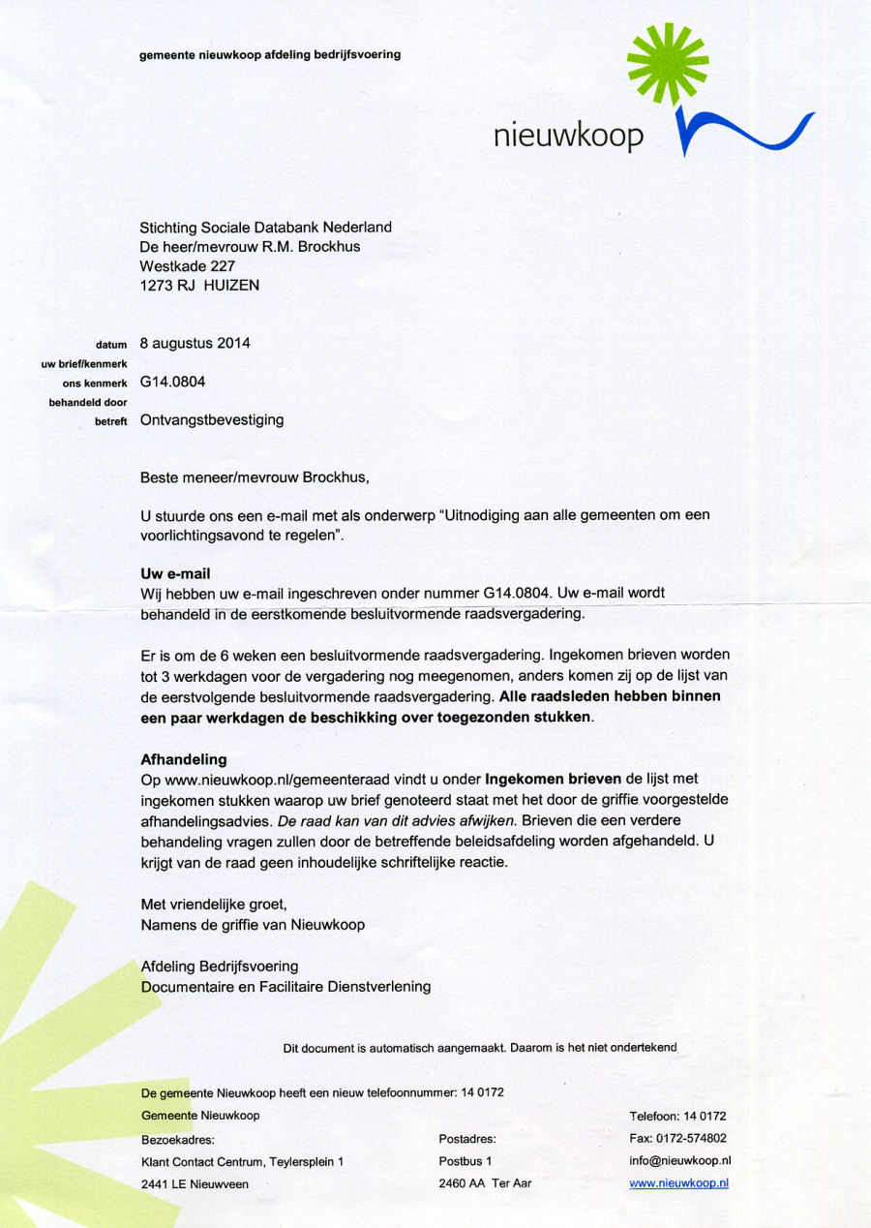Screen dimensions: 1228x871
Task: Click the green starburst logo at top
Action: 667,64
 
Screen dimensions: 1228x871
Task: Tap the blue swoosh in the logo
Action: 745,133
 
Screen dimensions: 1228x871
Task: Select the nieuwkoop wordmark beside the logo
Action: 568,136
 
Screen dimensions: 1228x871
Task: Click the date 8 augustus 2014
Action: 195,343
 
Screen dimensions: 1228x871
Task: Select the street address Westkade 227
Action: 188,266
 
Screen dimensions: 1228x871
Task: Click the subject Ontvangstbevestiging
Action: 212,420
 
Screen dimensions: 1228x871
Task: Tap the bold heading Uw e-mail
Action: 175,573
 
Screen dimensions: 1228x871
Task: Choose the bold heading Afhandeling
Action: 183,759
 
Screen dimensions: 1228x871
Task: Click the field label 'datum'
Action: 112,345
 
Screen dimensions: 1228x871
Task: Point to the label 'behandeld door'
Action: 88,402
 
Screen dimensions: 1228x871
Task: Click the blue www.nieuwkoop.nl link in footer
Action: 678,1183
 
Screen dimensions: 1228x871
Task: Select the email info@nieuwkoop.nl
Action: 679,1160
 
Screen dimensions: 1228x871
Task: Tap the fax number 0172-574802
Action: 691,1138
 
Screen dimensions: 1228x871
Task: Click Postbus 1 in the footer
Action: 466,1160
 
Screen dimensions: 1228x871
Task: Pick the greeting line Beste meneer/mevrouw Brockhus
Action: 255,477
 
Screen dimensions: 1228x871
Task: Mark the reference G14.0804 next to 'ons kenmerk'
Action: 172,382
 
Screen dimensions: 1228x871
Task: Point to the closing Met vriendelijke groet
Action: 214,905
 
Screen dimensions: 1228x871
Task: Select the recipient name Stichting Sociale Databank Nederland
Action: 266,228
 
